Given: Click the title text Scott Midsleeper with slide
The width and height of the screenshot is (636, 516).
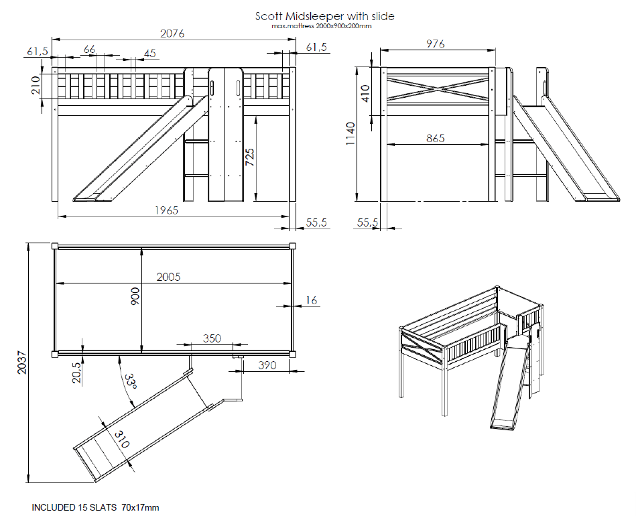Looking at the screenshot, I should [x=324, y=15].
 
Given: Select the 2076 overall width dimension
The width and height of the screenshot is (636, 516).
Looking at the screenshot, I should [x=171, y=34].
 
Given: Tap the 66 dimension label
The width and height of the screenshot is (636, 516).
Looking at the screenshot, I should [x=89, y=50].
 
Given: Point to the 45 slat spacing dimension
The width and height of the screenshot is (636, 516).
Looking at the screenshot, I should [x=149, y=54].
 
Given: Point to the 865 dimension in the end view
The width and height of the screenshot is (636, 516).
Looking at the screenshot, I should [x=436, y=139].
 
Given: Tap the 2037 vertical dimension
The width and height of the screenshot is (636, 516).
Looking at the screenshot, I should [x=19, y=363].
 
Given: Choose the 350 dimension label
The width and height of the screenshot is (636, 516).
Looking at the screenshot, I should [x=212, y=338].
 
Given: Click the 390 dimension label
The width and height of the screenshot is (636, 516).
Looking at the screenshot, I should [x=267, y=365].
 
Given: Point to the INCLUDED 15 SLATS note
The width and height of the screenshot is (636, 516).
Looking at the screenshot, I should [x=95, y=507].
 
